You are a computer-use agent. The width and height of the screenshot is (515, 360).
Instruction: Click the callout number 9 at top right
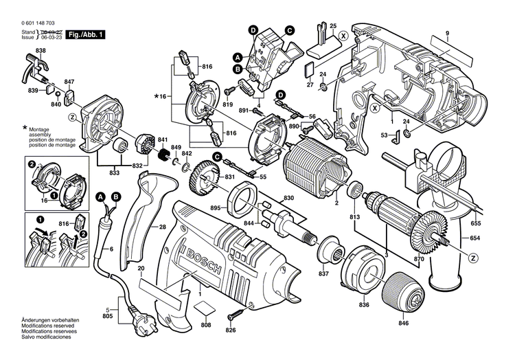(446, 34)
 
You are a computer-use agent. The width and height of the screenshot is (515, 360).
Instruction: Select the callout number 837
(322, 273)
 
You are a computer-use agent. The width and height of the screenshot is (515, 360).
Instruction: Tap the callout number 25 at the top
(333, 26)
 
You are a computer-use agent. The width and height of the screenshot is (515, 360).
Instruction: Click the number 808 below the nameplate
(206, 325)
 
